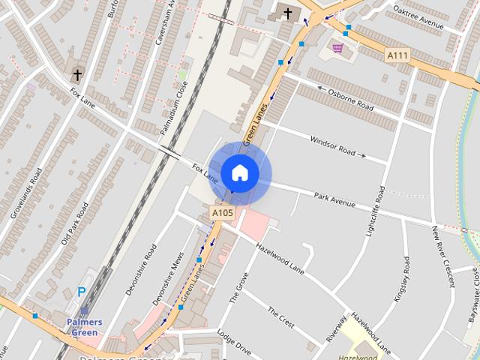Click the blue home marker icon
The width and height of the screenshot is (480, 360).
click(x=239, y=173)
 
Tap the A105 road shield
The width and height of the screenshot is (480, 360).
click(x=222, y=214)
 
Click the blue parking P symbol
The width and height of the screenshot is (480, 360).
click(x=82, y=292)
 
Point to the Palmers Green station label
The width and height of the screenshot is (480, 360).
click(x=84, y=327)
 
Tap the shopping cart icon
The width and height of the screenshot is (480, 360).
click(x=338, y=48)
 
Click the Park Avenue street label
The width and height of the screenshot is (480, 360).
click(x=334, y=200)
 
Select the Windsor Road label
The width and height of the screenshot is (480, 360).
click(x=333, y=145)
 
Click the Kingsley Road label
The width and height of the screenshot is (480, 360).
click(x=402, y=279)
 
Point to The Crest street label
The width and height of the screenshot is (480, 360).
click(x=281, y=317)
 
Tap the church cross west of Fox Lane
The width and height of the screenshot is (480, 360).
click(x=76, y=76)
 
